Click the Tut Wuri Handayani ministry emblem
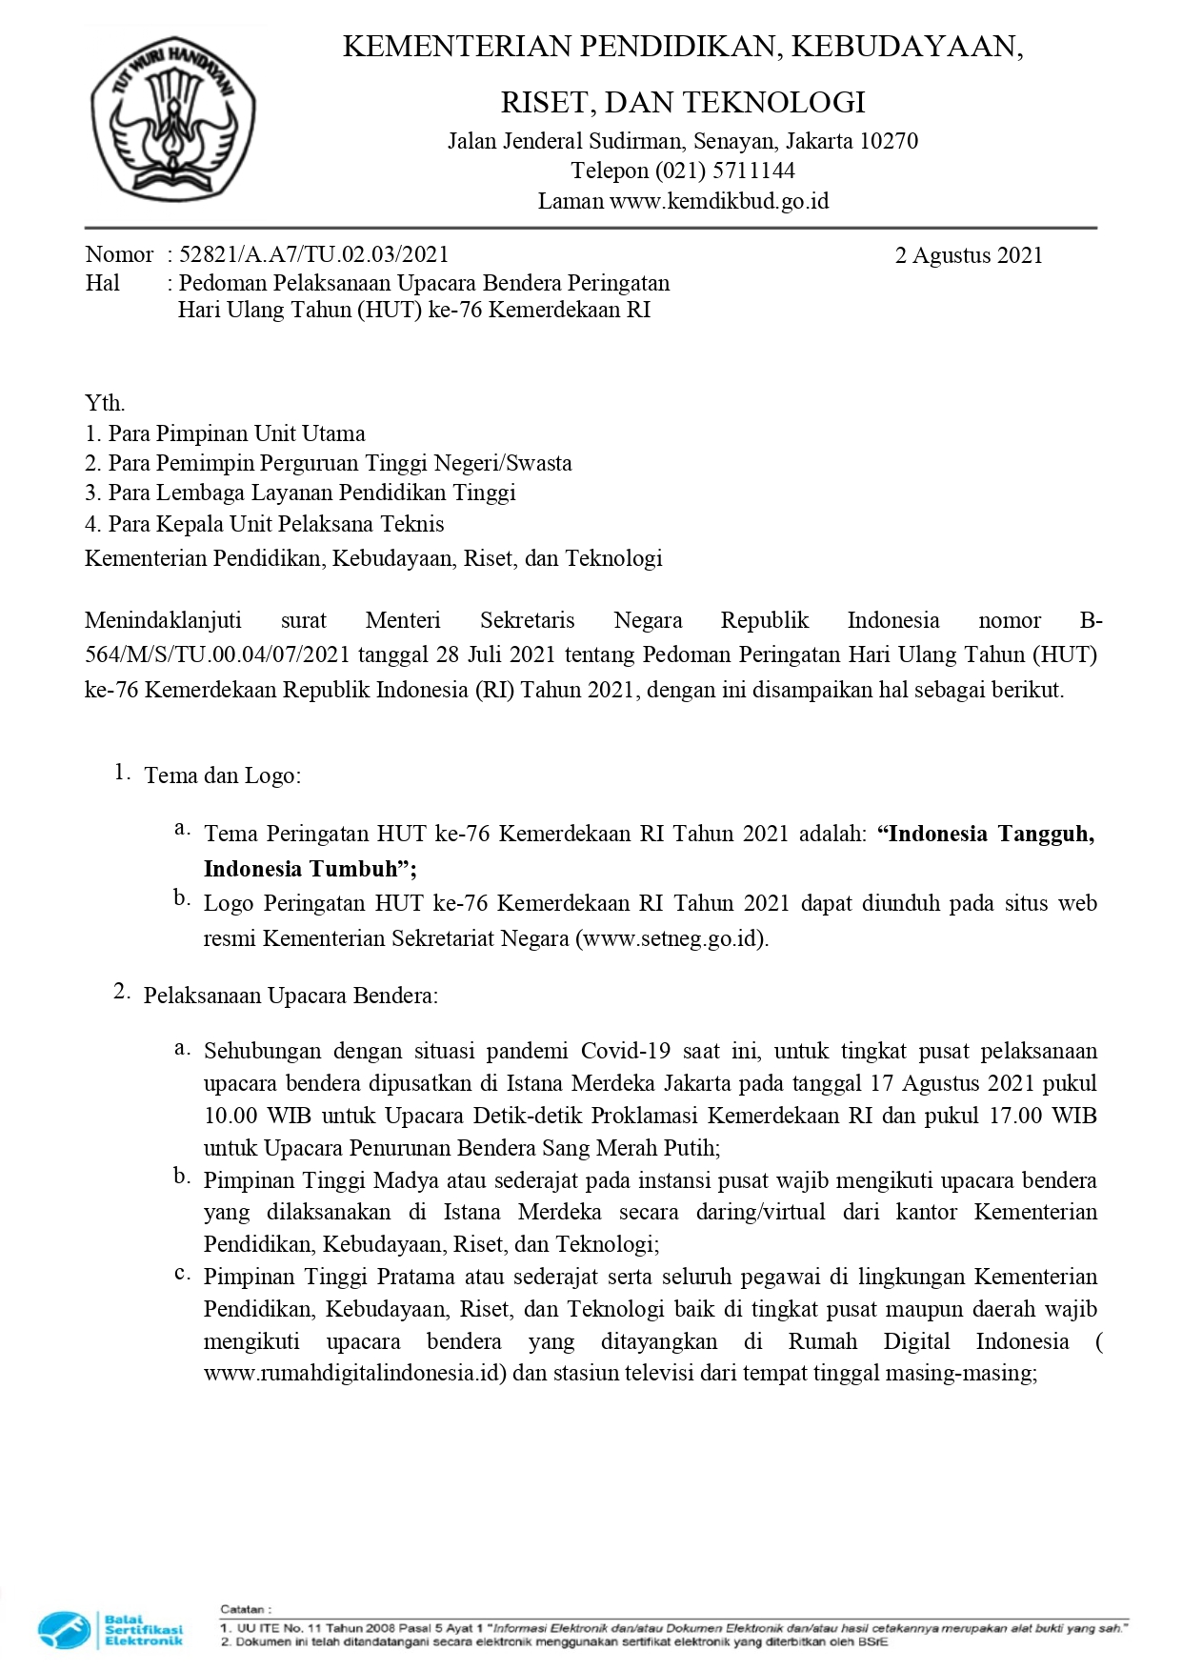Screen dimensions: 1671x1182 172,118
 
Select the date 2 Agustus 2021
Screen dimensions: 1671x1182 969,255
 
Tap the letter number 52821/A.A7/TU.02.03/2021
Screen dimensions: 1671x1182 313,254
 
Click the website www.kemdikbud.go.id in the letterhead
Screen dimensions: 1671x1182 719,201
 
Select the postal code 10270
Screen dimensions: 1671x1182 889,141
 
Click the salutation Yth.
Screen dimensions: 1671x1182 105,403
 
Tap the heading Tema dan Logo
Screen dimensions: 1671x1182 222,775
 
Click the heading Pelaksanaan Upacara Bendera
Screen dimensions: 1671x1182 290,996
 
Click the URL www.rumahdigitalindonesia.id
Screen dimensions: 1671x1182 352,1374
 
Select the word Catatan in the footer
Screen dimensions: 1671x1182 244,1609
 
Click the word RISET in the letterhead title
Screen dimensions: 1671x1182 544,102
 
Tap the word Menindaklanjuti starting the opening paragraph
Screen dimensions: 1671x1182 163,621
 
